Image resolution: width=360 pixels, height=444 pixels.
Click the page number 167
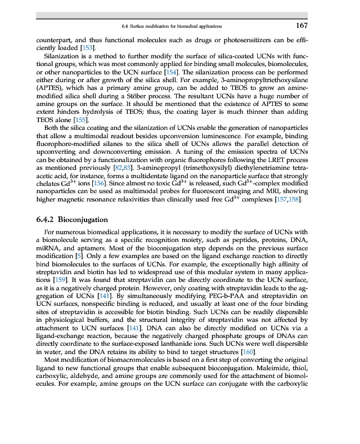302,26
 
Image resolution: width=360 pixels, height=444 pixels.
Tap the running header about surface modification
172,26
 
